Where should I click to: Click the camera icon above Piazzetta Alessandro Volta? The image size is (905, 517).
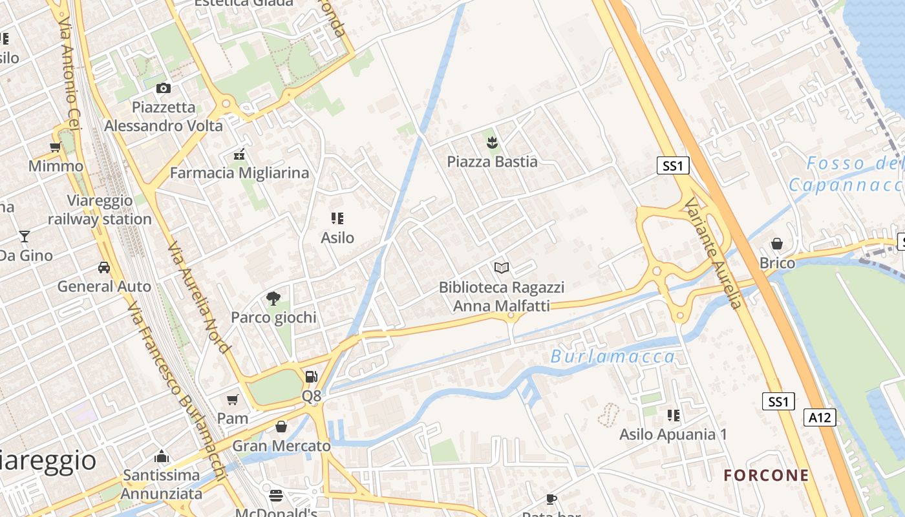coord(164,88)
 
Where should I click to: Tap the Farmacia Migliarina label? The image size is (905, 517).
coord(239,173)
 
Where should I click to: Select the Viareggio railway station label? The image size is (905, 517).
coord(100,210)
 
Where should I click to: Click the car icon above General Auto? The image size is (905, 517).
coord(103,267)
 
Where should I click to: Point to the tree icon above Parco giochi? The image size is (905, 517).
coord(273,298)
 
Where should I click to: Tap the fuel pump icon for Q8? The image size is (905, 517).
coord(311,376)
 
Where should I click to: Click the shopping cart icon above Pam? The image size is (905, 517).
coord(233,399)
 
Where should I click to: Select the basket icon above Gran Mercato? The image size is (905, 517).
coord(281,427)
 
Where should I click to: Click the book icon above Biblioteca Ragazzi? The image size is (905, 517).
coord(502,268)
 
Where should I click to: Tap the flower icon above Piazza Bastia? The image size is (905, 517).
coord(492,142)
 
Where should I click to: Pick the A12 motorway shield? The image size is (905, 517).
coord(820,417)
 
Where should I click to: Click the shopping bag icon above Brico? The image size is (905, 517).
coord(777,244)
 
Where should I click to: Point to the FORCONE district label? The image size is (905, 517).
coord(766,476)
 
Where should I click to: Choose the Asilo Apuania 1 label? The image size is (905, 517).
coord(673,434)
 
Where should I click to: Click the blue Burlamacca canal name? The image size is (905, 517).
coord(613,356)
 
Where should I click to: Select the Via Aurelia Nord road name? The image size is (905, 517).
coord(198,298)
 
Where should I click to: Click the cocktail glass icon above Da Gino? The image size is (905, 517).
coord(25,236)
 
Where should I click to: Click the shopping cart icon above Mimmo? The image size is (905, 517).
coord(56,147)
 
